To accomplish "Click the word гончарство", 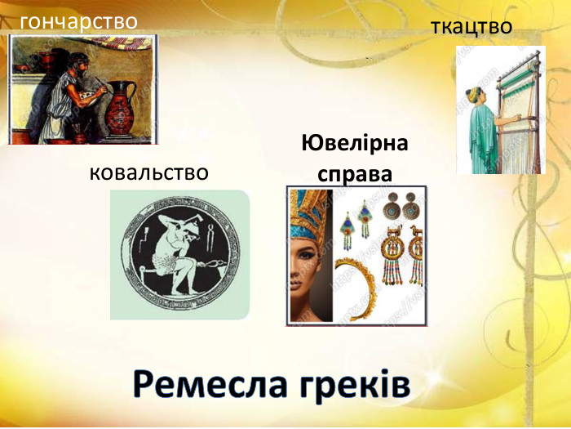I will (78, 21).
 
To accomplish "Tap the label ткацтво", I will (471, 27).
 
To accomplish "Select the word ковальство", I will (148, 172).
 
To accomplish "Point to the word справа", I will (355, 174).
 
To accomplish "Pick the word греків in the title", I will (357, 384).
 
